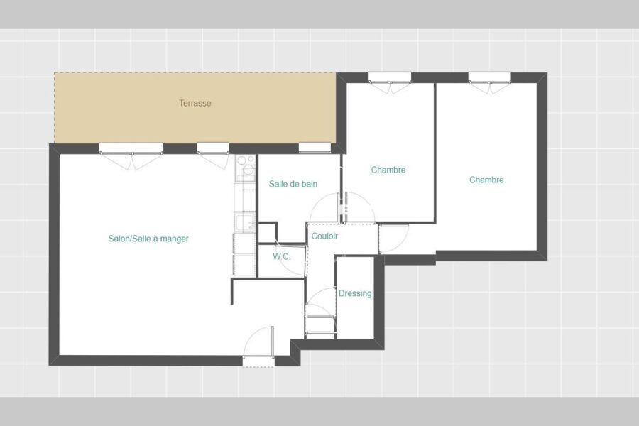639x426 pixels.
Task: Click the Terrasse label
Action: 195,103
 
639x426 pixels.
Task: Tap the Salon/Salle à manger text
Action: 148,239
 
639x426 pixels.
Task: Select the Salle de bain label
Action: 293,185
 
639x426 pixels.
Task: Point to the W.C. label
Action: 282,257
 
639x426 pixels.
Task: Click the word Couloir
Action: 324,236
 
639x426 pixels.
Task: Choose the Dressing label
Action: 355,293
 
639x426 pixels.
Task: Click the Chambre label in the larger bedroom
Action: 486,180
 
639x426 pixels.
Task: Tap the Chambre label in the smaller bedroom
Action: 388,170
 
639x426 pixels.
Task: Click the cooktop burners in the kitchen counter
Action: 245,168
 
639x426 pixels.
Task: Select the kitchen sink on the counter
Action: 244,223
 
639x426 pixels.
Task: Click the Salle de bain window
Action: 315,148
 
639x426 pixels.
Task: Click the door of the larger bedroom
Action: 393,239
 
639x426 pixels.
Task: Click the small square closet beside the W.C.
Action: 268,233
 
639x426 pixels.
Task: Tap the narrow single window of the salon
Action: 213,155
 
